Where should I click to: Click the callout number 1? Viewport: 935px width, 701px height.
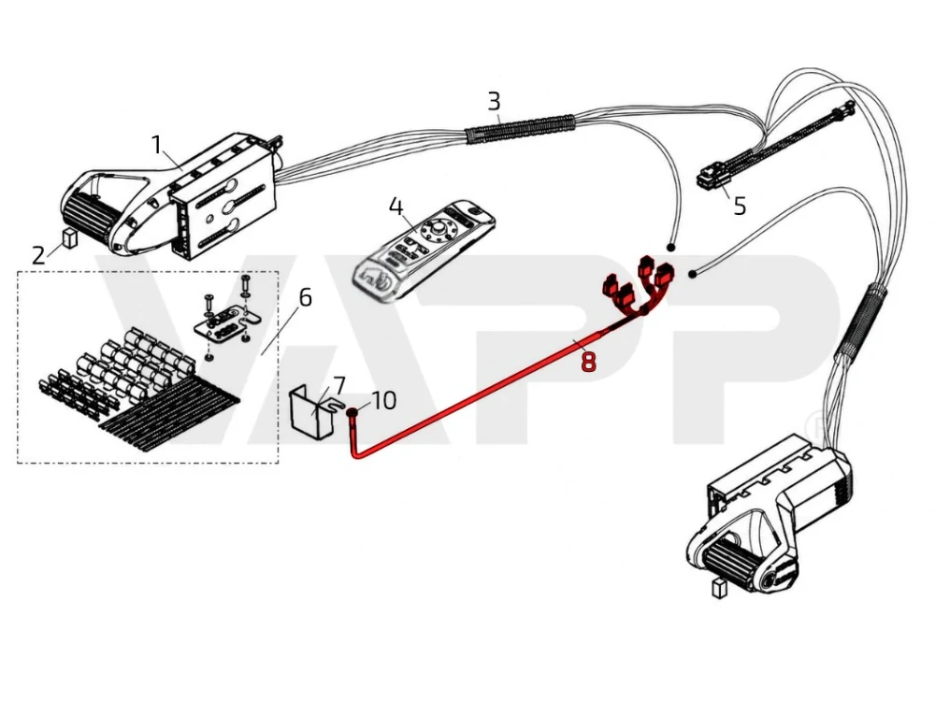coord(156,145)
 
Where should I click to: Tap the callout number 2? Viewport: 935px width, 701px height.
coord(38,256)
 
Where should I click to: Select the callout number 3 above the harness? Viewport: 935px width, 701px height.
coord(494,101)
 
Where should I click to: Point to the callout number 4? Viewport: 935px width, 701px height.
coord(396,207)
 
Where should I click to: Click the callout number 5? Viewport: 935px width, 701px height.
coord(740,207)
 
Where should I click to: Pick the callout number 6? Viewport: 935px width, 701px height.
coord(306,297)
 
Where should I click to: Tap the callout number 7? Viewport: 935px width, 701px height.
coord(338,385)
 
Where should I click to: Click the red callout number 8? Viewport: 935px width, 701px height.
coord(588,361)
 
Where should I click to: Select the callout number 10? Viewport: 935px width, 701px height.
coord(383,401)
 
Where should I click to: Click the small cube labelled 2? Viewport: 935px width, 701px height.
coord(70,237)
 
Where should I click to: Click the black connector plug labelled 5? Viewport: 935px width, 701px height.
coord(710,177)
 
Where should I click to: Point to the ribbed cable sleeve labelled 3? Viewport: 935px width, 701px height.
coord(520,129)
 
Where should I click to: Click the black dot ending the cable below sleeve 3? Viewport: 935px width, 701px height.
coord(670,247)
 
